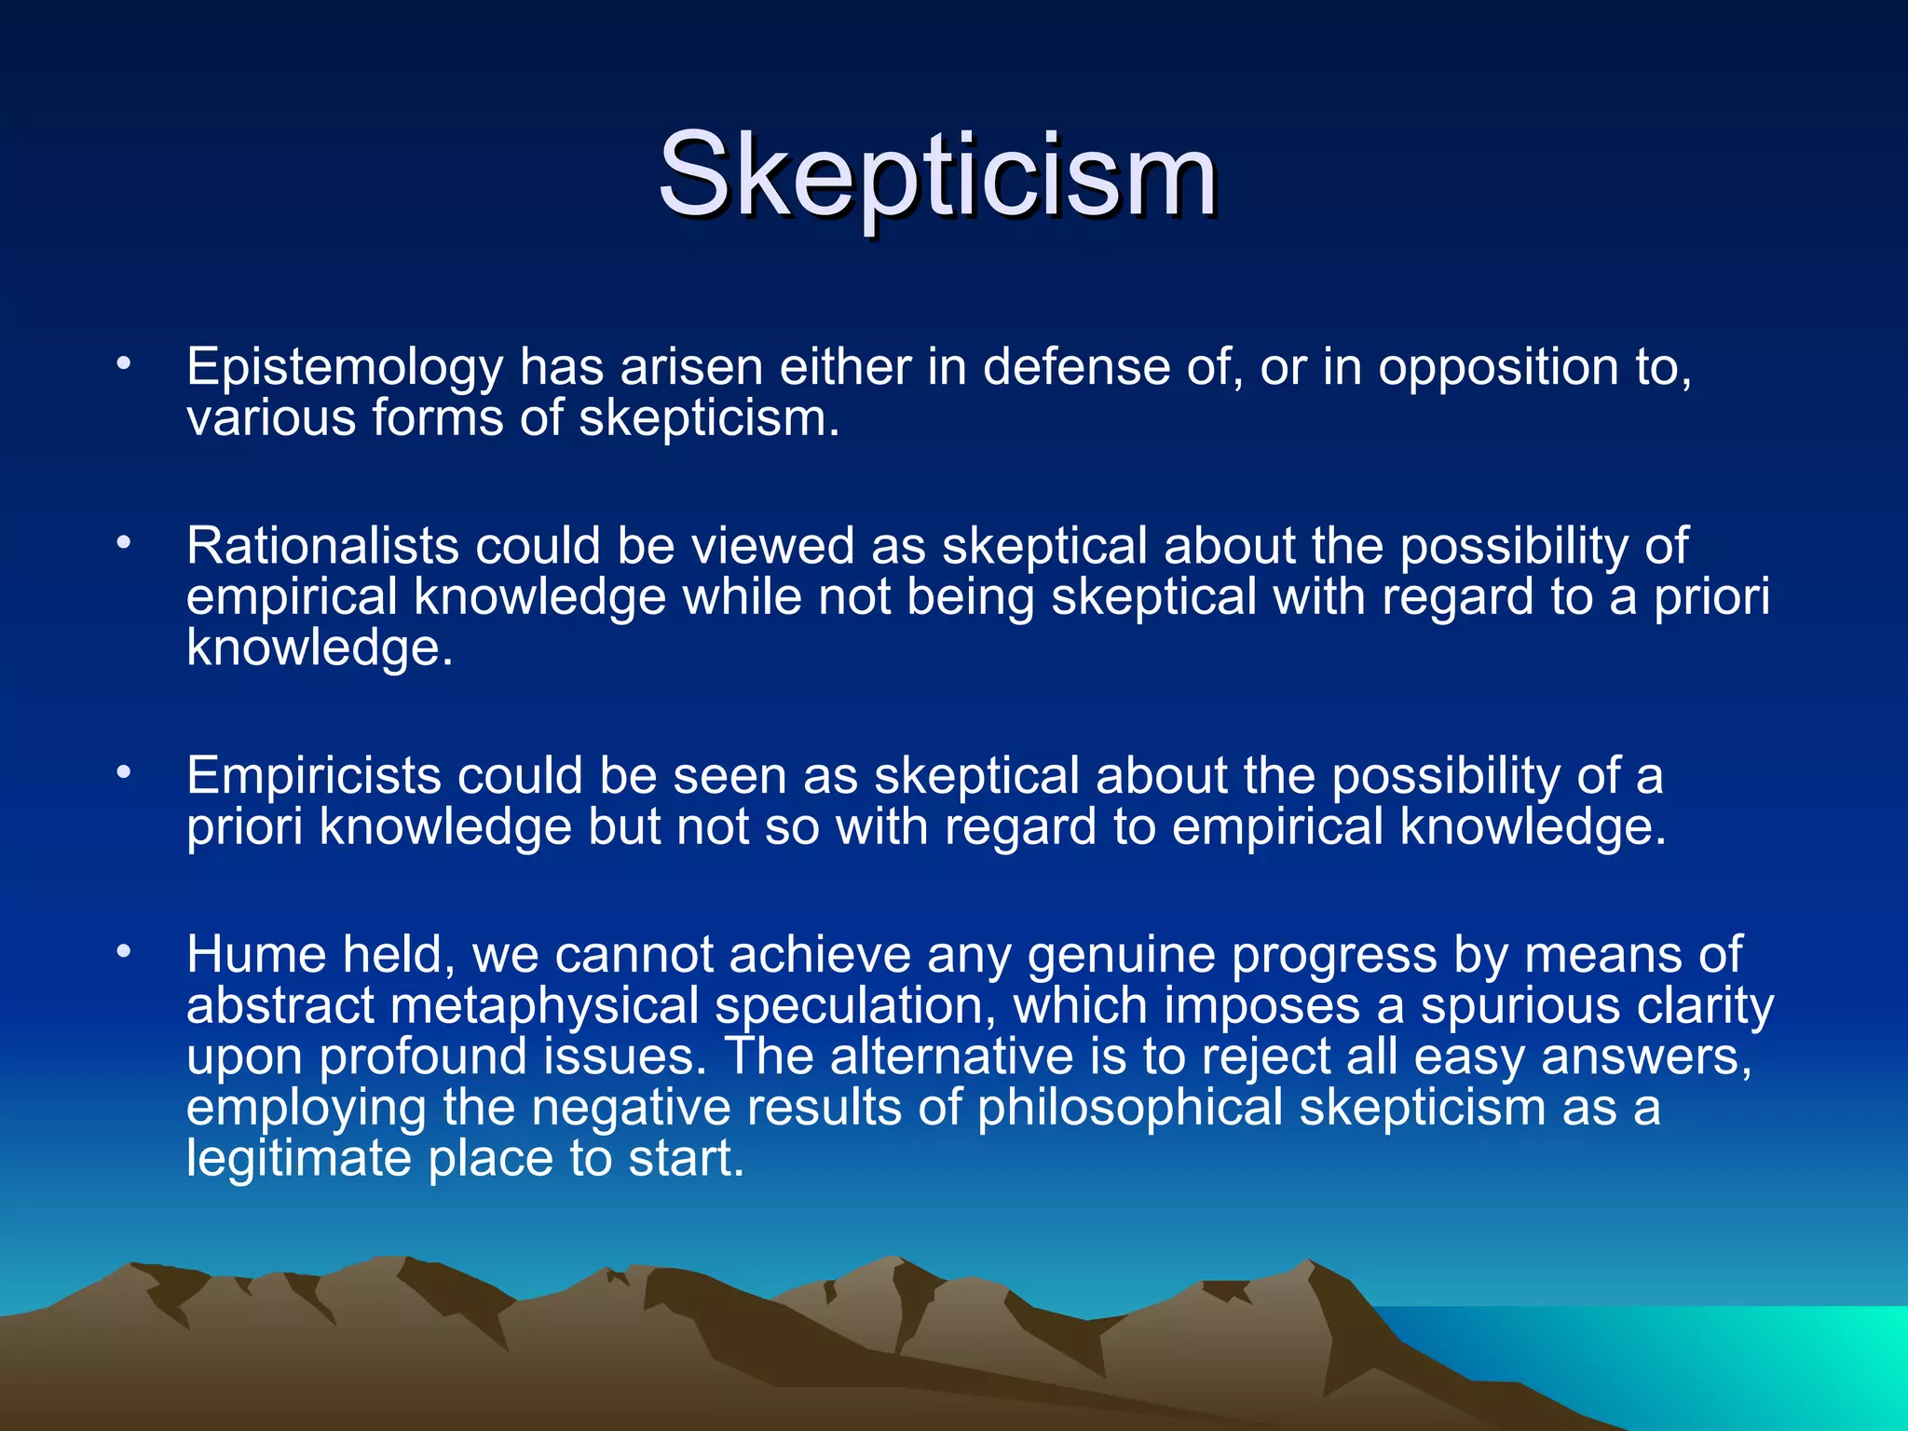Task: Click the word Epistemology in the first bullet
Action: click(x=345, y=368)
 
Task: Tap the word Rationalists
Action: click(x=322, y=546)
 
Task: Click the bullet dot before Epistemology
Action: click(x=123, y=364)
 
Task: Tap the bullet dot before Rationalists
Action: click(x=123, y=542)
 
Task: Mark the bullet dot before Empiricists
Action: click(x=123, y=771)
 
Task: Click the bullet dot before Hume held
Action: click(x=123, y=951)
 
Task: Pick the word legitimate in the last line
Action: click(x=298, y=1159)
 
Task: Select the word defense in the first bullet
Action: click(x=1075, y=368)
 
